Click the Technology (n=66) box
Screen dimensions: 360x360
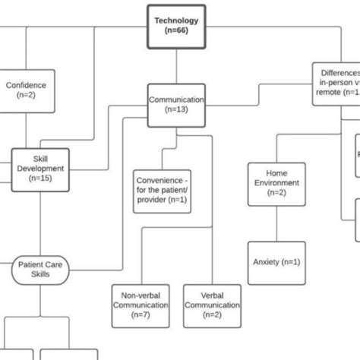pos(176,26)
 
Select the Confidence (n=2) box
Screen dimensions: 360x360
pos(25,91)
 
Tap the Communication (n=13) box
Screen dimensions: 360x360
pos(176,104)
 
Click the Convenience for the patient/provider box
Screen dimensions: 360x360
pos(161,191)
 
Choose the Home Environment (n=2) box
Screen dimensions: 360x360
pos(276,183)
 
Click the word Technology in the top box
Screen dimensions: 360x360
pos(176,21)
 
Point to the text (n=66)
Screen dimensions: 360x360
pos(176,31)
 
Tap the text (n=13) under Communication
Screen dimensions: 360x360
pos(176,109)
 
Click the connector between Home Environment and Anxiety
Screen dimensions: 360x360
pos(276,223)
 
